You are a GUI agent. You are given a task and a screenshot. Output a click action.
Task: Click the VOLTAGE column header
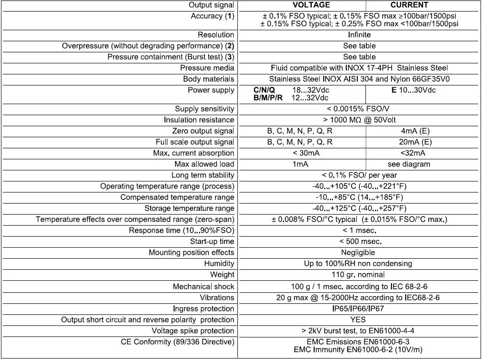(311, 5)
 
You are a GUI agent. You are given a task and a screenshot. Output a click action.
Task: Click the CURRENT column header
(409, 5)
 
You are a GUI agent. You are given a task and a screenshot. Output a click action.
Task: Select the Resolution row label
(216, 35)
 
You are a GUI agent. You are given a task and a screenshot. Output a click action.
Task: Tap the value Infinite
(359, 35)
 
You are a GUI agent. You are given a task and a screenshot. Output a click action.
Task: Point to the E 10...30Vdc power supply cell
(413, 90)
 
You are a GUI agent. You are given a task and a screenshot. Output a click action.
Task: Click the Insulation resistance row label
(199, 120)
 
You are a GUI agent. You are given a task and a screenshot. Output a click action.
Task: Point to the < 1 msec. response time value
(359, 230)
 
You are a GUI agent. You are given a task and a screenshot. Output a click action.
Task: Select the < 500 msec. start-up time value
(359, 241)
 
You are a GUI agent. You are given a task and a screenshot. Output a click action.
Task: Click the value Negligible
(359, 252)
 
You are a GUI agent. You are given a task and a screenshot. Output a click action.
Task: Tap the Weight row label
(222, 275)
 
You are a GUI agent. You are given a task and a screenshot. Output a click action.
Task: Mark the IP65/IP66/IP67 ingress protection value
(359, 309)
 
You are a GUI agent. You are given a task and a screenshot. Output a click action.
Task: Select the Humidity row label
(219, 264)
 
